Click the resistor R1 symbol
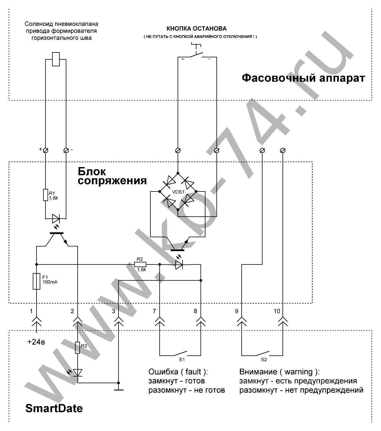coord(45,195)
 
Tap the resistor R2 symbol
coord(140,264)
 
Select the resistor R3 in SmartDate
coord(77,348)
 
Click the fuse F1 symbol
coord(37,281)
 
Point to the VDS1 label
coord(178,191)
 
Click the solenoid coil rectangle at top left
coord(56,59)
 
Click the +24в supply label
coord(36,342)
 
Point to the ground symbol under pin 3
coord(119,390)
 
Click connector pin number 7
coord(154,311)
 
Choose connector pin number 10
coord(277,311)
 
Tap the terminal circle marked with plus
coord(45,150)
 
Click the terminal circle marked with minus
coord(66,150)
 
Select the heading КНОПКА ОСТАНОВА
coord(196,29)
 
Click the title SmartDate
coord(54,408)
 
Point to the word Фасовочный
coord(275,78)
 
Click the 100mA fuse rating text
coord(50,282)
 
